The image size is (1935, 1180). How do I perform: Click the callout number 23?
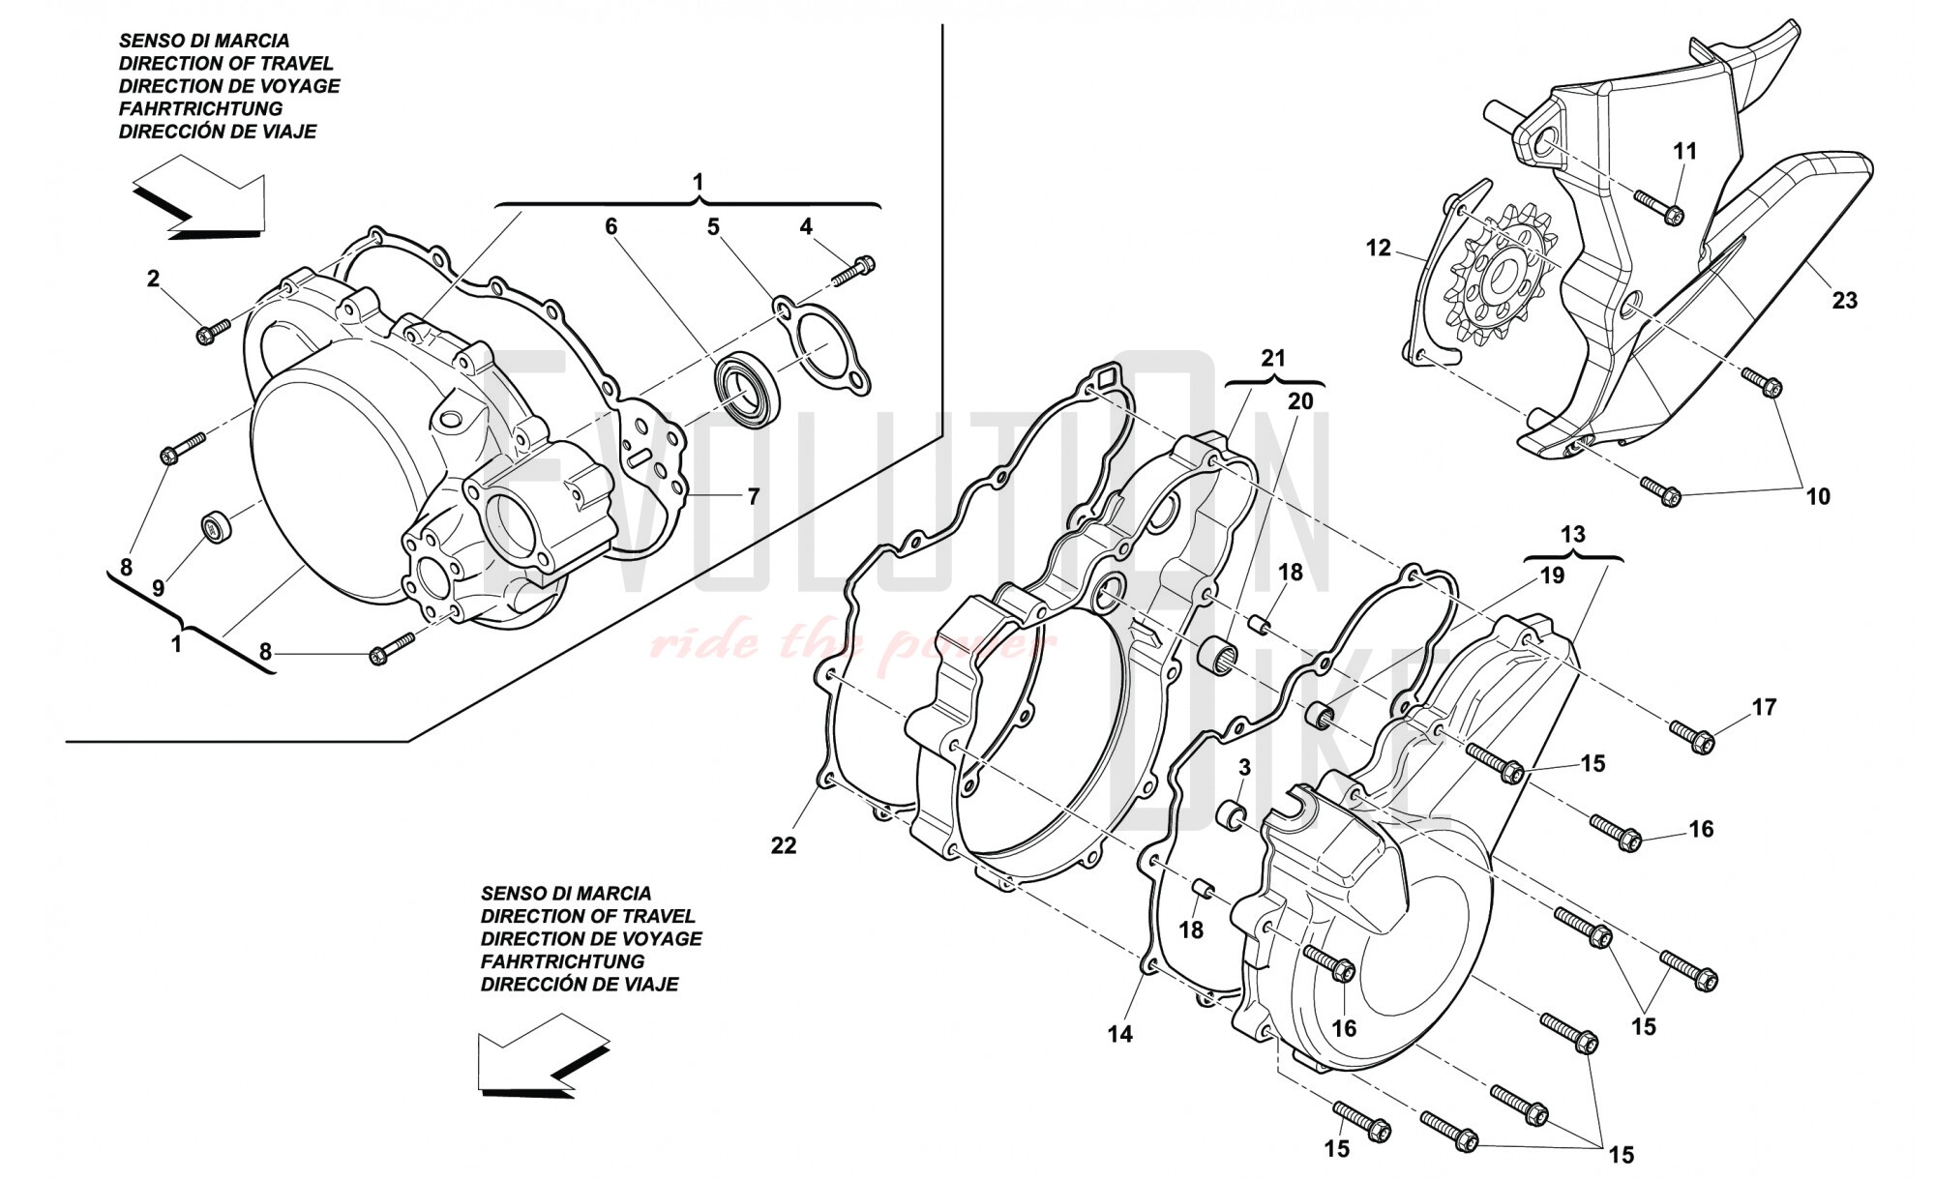[1844, 301]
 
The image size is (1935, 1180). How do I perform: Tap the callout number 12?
[1378, 249]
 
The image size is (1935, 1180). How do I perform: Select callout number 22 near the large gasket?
[783, 845]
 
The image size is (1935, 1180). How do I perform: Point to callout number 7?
[753, 497]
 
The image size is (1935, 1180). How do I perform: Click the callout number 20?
[1300, 400]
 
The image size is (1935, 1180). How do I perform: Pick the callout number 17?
[1764, 707]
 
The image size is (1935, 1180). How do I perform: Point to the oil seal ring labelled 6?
[746, 388]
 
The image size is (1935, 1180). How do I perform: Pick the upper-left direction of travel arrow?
[198, 200]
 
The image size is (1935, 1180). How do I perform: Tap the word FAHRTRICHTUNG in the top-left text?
[200, 108]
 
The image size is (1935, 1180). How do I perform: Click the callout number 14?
[1119, 1034]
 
